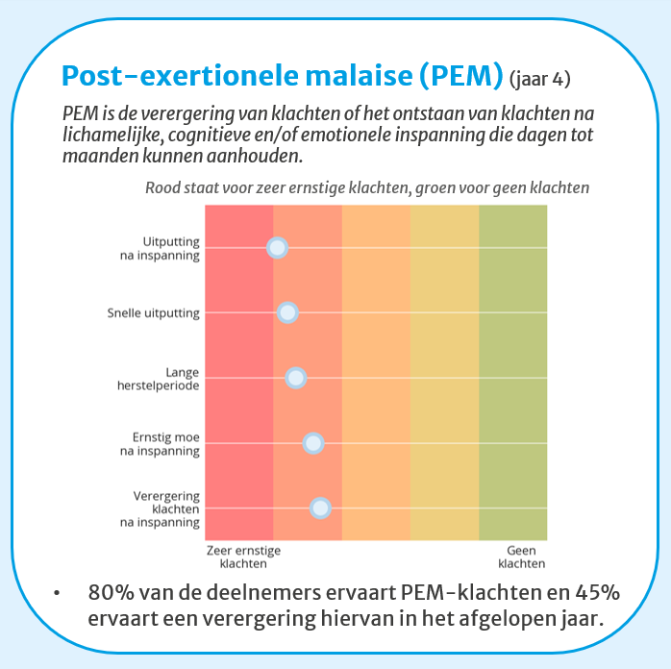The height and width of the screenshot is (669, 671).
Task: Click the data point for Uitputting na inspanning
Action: click(x=277, y=248)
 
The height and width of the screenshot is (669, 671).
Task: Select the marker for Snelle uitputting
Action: click(x=286, y=312)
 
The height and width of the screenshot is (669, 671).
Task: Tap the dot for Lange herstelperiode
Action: click(x=295, y=377)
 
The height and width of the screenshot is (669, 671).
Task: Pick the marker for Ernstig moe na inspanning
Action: click(x=312, y=443)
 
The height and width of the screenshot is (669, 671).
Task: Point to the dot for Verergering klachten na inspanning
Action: click(x=320, y=508)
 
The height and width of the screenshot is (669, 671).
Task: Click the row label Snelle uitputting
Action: click(x=154, y=312)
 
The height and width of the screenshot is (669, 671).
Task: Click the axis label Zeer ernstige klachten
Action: click(x=242, y=557)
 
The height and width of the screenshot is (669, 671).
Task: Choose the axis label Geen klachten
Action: click(x=526, y=557)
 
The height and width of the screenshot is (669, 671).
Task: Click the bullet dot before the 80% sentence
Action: click(x=59, y=594)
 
